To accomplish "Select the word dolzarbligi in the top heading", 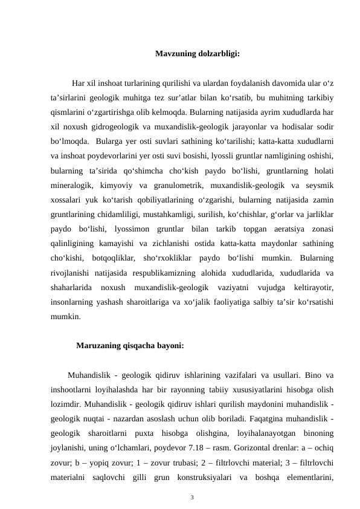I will coord(219,53).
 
